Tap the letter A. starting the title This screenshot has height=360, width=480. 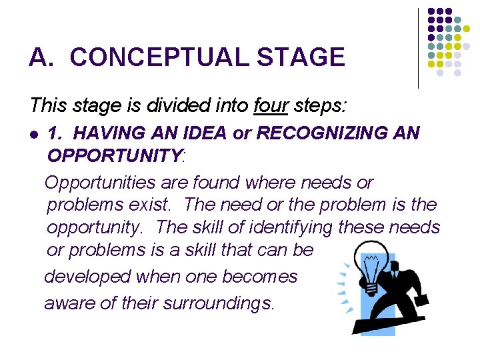click(41, 57)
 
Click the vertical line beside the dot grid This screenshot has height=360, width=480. click(418, 47)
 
